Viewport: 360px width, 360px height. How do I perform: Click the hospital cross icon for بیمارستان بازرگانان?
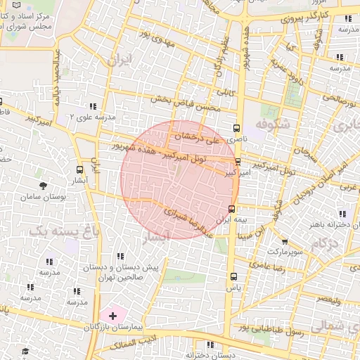pyautogui.click(x=112, y=316)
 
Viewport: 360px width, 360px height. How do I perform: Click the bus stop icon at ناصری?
pyautogui.click(x=236, y=128)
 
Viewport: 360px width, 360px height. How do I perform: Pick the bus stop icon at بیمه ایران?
pyautogui.click(x=232, y=208)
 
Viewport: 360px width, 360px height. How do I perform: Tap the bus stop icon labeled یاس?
pyautogui.click(x=233, y=276)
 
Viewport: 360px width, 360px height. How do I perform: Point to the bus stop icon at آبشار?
pyautogui.click(x=79, y=169)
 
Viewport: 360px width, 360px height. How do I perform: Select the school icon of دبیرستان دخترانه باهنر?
pyautogui.click(x=342, y=214)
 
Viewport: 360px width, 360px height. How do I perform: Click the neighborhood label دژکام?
pyautogui.click(x=325, y=243)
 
